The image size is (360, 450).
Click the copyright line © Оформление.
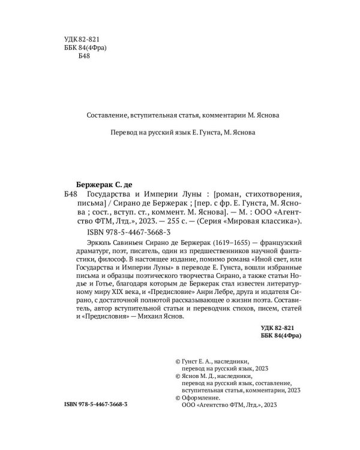click(x=197, y=397)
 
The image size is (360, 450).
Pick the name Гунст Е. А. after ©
click(x=199, y=363)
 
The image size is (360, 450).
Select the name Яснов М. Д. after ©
click(x=199, y=377)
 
